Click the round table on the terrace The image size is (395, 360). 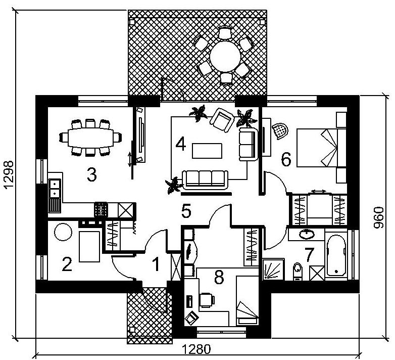coord(225,57)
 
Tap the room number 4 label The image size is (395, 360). coord(181,144)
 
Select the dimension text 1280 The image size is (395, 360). coord(196,350)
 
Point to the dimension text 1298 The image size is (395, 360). coord(9,175)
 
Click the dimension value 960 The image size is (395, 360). coord(378,217)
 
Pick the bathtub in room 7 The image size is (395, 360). coord(336,255)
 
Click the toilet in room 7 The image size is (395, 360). coord(298,271)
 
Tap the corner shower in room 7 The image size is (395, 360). coord(273,269)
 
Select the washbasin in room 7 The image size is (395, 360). coord(307,235)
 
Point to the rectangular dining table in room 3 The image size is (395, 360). coord(90,138)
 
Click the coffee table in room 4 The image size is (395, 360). coord(207,151)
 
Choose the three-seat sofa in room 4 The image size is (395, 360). coord(205,180)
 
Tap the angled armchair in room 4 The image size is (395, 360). coord(222,120)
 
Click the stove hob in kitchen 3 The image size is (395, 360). coord(101,210)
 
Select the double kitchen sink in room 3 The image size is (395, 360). coord(55,188)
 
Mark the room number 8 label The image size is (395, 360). coord(219,277)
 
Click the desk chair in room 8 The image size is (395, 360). coord(207,299)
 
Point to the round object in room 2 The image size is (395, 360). coord(63,232)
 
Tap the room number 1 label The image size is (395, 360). coord(156,264)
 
